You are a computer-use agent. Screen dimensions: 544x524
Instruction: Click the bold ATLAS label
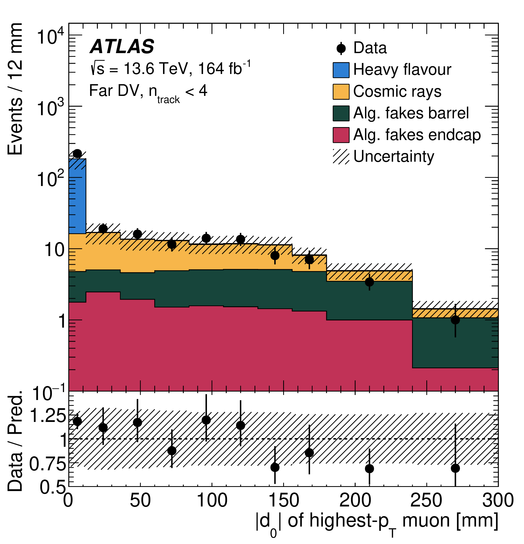(122, 46)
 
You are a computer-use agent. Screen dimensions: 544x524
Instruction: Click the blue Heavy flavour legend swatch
(341, 70)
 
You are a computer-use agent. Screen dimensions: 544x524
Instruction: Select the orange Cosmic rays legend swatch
(341, 92)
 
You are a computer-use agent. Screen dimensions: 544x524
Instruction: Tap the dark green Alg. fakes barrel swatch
(341, 114)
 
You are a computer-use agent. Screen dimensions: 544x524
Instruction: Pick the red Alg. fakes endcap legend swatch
(341, 135)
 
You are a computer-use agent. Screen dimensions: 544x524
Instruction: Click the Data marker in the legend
(341, 49)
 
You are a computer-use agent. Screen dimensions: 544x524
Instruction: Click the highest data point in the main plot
(77, 154)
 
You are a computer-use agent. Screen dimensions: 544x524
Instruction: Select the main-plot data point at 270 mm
(455, 320)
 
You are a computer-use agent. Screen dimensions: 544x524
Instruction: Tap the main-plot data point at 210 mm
(369, 282)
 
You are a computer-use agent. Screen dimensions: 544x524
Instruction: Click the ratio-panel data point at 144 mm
(275, 467)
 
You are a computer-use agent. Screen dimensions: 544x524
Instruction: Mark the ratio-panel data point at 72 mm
(172, 451)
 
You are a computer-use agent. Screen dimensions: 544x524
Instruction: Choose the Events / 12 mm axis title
(15, 89)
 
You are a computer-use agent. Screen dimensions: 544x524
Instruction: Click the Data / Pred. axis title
(15, 441)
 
